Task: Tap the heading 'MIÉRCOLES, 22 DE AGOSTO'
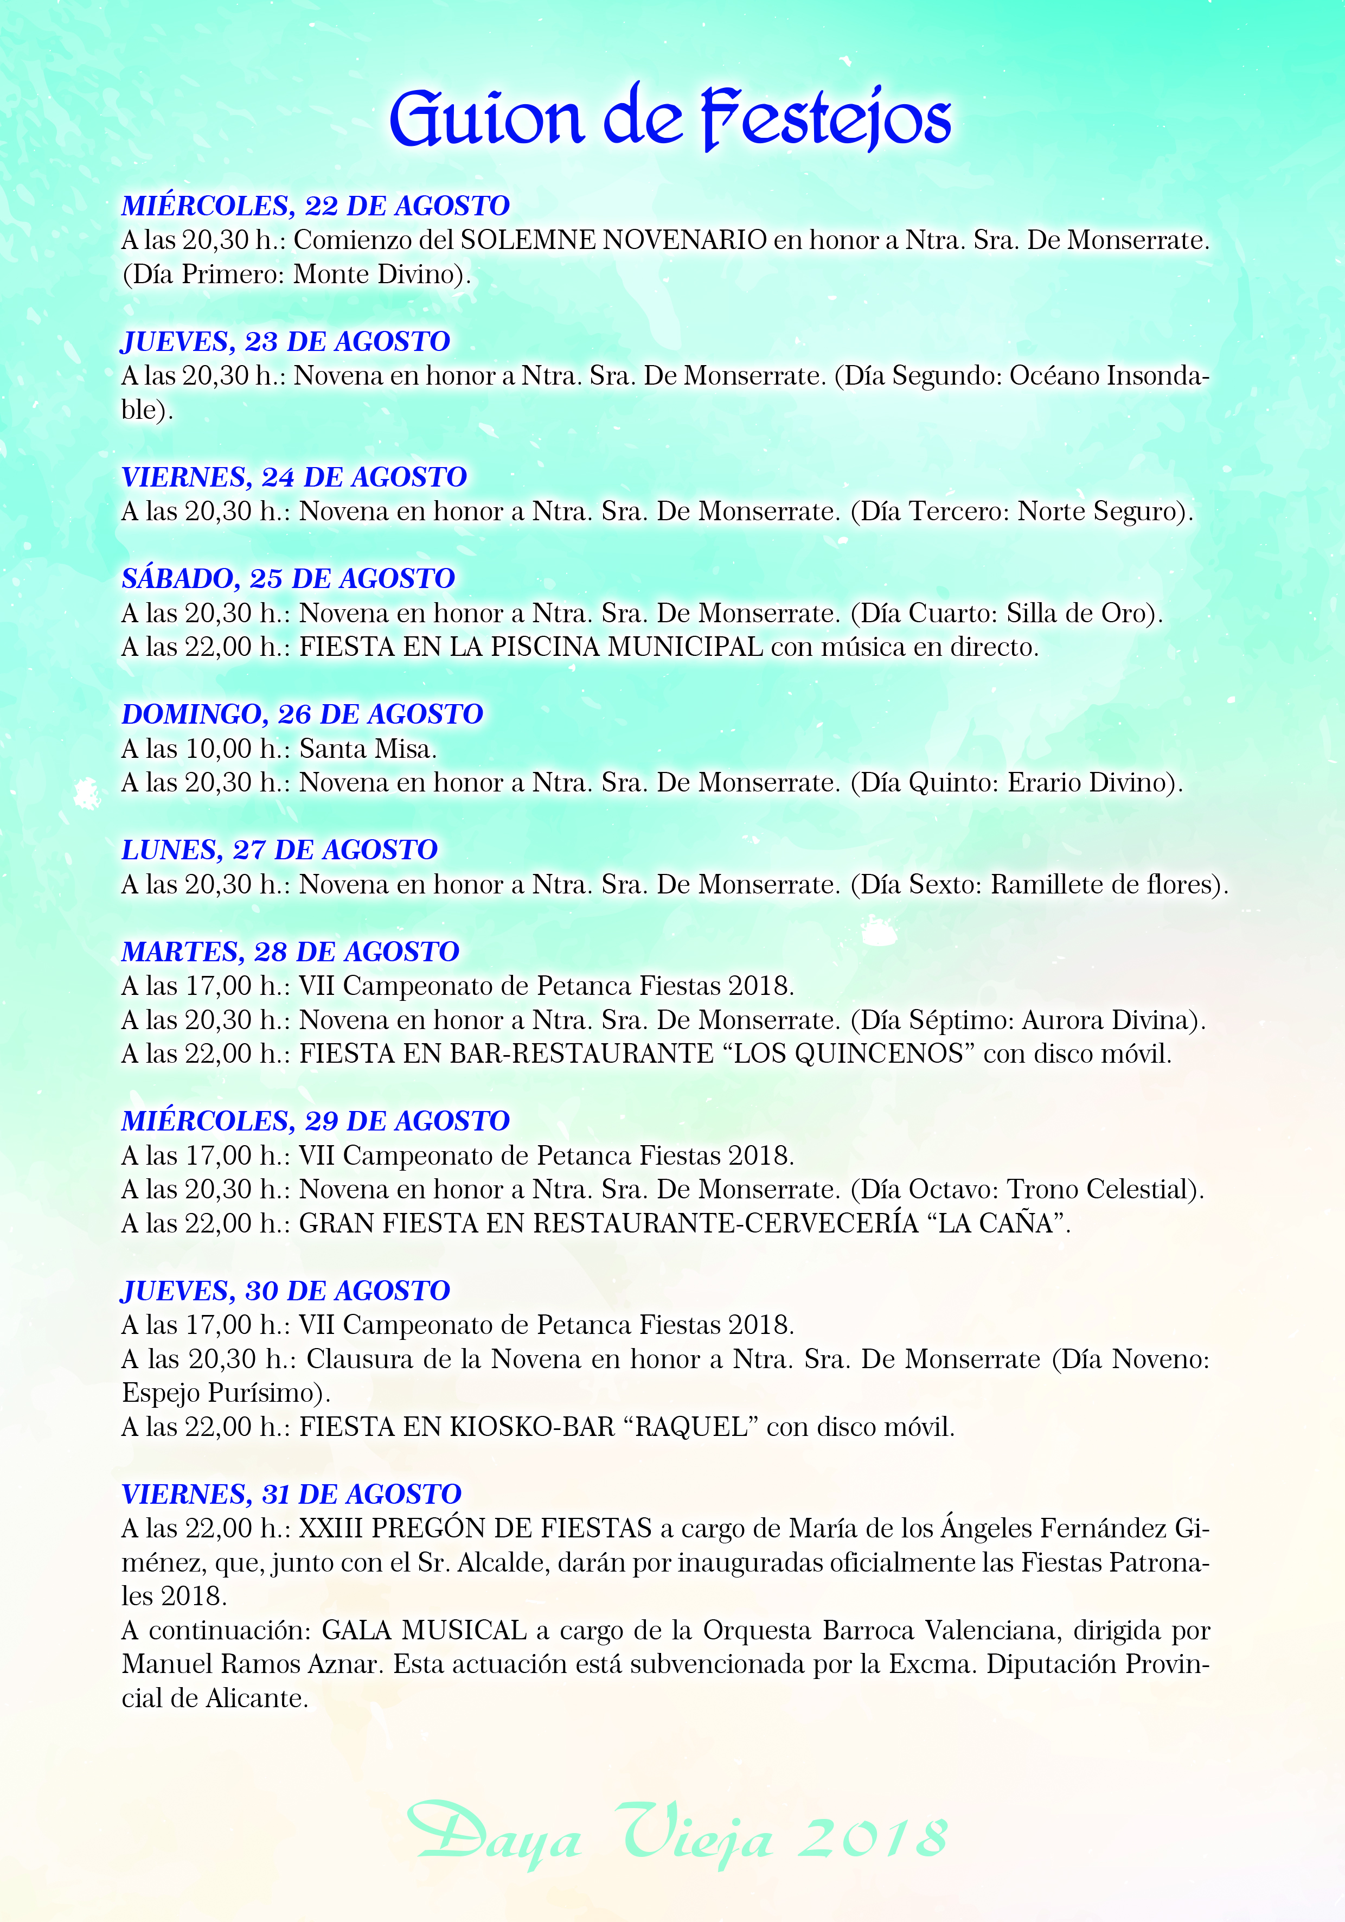[x=316, y=205]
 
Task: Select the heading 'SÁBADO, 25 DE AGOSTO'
[x=288, y=578]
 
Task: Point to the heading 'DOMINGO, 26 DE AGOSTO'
[x=302, y=713]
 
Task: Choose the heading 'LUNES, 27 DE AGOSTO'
[x=279, y=849]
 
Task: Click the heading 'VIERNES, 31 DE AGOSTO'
[x=291, y=1493]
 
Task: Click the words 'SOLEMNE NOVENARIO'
[x=613, y=240]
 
